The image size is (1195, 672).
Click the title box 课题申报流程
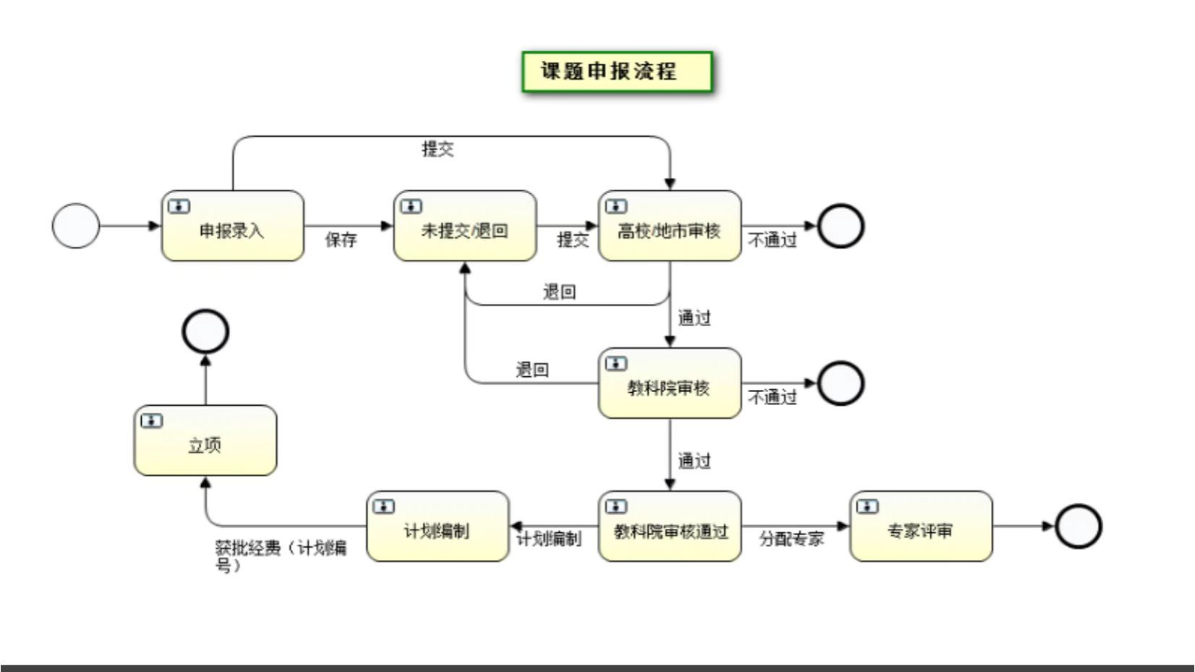(617, 72)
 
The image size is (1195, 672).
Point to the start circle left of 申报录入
(75, 226)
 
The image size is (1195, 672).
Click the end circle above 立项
(205, 331)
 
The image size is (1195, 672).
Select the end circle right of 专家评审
(1078, 526)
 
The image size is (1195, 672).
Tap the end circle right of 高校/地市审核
(841, 226)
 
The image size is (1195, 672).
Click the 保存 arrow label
(341, 239)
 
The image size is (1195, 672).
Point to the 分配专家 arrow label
(791, 539)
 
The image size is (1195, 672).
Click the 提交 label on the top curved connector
(438, 149)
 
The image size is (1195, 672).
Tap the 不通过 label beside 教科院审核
(773, 397)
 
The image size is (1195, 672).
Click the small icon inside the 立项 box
(152, 421)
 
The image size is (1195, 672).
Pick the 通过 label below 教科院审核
(694, 461)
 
